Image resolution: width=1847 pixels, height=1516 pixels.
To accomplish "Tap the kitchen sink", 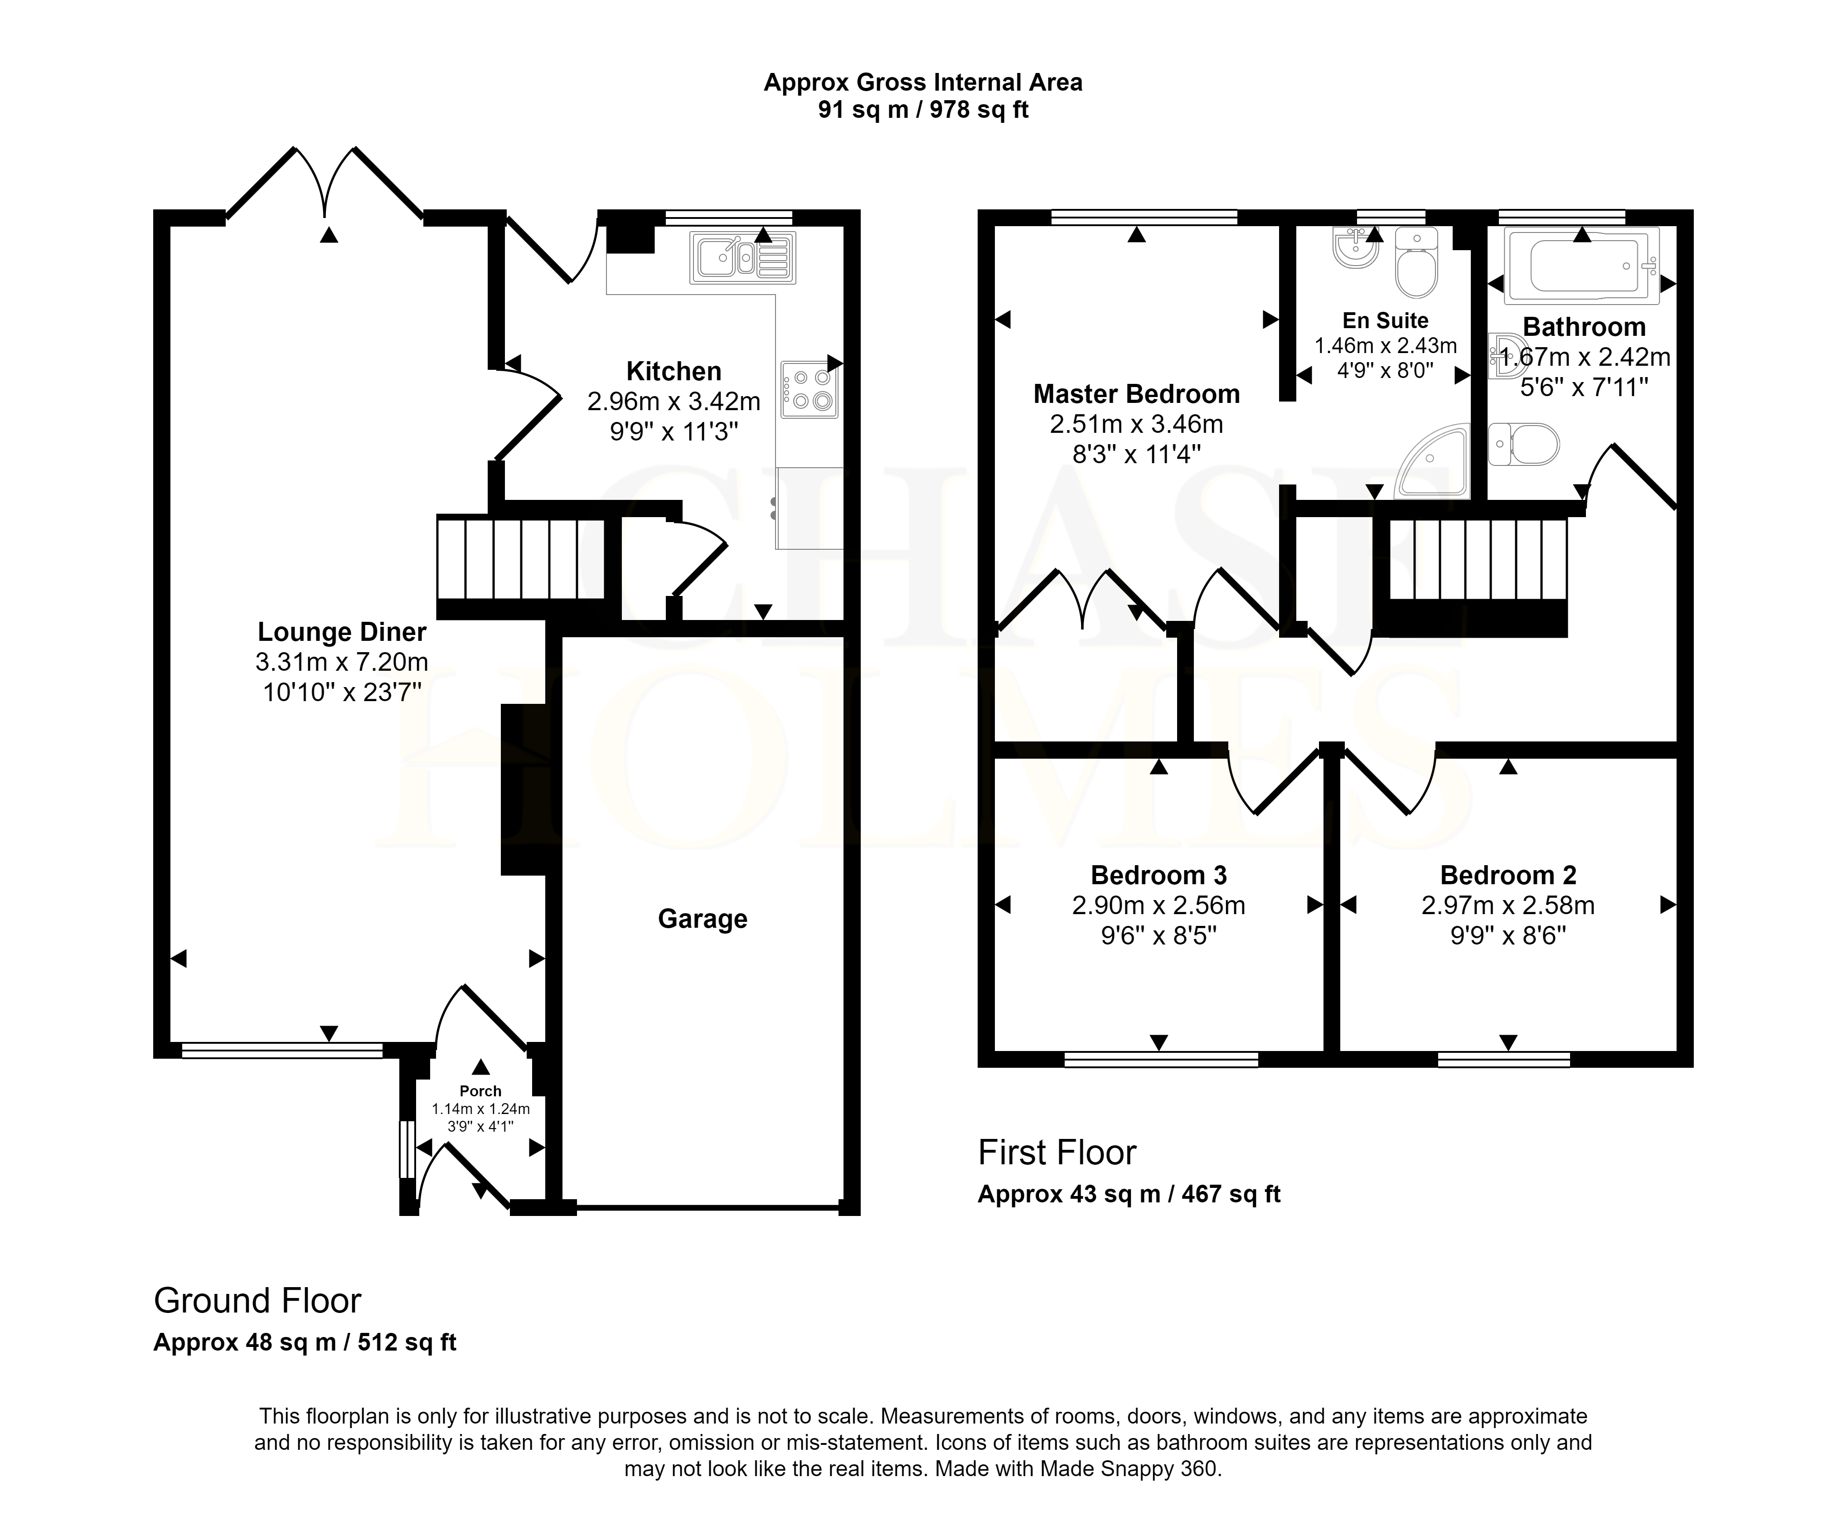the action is click(x=742, y=257).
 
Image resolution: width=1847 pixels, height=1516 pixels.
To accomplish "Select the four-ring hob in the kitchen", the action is click(x=810, y=389).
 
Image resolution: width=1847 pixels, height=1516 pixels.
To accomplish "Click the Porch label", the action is click(x=480, y=1091).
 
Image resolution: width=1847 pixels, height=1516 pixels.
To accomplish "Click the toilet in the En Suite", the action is click(x=1416, y=262).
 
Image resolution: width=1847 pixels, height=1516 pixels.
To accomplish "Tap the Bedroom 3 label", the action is click(x=1159, y=875).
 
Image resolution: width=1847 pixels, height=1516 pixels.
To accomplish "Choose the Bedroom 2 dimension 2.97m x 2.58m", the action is click(x=1508, y=906).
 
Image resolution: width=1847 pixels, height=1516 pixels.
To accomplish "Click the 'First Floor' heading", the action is click(x=1057, y=1153).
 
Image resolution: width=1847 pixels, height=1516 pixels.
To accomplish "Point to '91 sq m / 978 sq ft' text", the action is click(x=923, y=110).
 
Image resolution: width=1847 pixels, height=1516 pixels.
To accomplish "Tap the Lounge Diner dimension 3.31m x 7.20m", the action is click(x=341, y=662).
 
